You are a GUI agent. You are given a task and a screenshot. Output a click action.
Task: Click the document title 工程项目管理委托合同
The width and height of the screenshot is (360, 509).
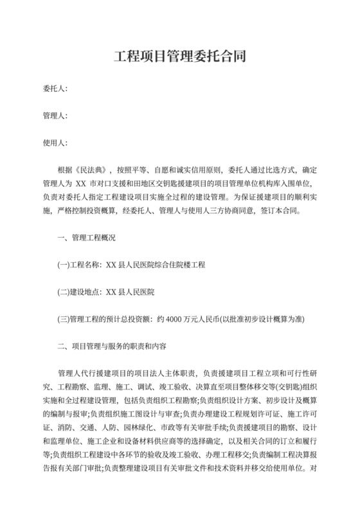(x=180, y=57)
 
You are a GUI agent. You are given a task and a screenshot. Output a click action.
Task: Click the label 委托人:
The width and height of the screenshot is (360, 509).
(x=55, y=88)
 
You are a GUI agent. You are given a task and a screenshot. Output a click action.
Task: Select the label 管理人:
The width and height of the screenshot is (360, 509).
(x=55, y=116)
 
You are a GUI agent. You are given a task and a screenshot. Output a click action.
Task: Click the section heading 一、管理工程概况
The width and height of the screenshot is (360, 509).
(x=86, y=238)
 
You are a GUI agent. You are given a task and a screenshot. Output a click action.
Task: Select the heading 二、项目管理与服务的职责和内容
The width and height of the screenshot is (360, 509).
(x=112, y=346)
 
